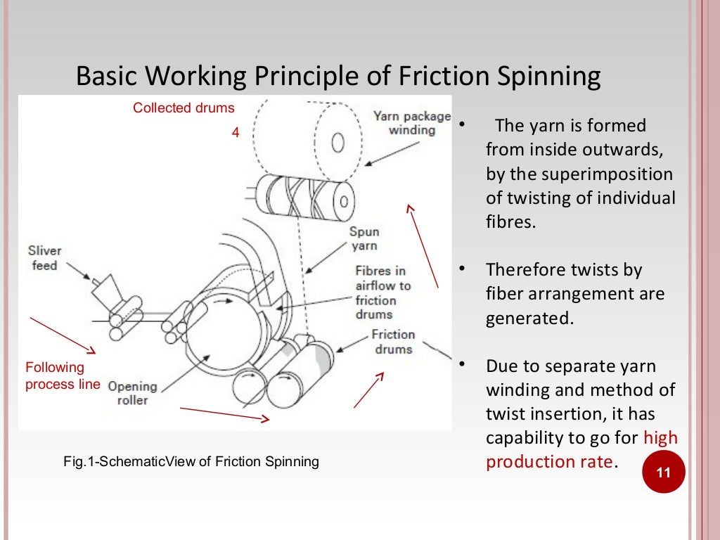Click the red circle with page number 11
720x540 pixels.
[664, 473]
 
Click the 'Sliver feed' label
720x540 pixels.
[45, 258]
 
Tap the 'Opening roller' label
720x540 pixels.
[132, 393]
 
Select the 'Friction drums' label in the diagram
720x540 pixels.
[393, 342]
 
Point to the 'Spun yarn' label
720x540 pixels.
[365, 238]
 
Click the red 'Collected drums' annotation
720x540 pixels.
[184, 108]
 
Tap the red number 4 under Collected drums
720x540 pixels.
[236, 132]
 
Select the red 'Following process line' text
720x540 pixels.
[62, 375]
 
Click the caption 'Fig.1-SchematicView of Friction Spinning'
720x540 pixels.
[191, 462]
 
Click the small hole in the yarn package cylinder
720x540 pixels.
[337, 144]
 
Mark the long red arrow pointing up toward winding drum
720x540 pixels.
[423, 246]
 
